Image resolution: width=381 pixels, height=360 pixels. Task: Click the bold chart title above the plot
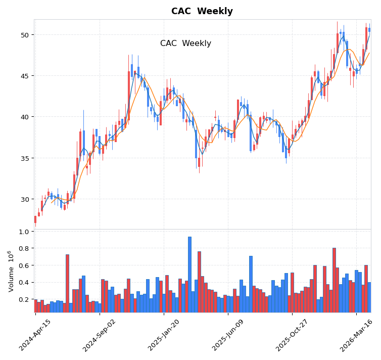tap(202, 11)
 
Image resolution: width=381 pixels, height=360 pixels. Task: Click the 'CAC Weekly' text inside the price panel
tap(185, 43)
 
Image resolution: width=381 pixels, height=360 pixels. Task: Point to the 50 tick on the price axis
tap(24, 35)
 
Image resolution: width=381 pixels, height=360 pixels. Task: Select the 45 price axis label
tap(24, 76)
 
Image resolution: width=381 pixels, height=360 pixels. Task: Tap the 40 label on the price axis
tap(24, 117)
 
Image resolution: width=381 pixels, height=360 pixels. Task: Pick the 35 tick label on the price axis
tap(24, 158)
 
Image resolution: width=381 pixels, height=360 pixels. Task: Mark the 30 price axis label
tap(24, 199)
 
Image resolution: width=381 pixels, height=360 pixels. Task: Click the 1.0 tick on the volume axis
tap(23, 232)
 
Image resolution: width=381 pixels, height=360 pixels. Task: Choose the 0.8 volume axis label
tap(23, 248)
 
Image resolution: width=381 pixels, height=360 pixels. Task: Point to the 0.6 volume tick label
tap(23, 265)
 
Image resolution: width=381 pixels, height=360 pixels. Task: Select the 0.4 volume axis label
tap(23, 282)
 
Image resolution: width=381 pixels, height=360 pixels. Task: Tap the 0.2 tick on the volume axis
tap(23, 299)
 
